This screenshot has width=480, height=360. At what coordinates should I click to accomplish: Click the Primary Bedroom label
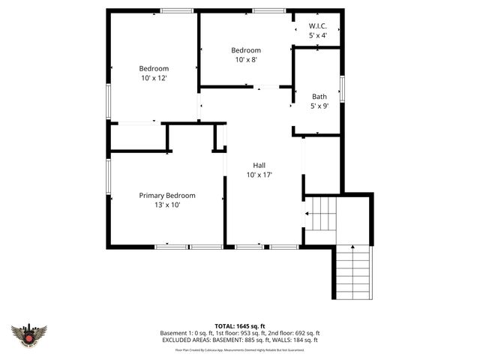(x=166, y=195)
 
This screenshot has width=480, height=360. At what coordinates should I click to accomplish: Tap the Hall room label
(x=259, y=165)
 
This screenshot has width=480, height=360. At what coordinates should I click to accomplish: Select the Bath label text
(x=319, y=97)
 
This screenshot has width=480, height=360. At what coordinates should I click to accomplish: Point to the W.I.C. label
(x=318, y=26)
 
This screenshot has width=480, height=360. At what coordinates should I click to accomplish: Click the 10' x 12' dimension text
(x=153, y=78)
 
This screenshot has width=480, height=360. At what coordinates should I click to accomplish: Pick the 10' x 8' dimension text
(x=245, y=60)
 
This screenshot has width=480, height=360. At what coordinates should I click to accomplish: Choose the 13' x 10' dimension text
(x=166, y=204)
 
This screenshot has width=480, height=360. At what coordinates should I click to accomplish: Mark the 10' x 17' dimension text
(x=259, y=175)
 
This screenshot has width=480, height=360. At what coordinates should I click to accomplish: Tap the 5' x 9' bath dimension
(x=319, y=106)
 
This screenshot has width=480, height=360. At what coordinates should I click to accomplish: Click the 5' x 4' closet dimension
(x=318, y=35)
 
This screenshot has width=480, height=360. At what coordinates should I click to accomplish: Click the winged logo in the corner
(x=29, y=334)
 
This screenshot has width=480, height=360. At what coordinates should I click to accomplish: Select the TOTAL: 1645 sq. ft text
(x=239, y=325)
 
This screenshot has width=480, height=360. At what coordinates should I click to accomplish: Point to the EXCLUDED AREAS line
(x=239, y=340)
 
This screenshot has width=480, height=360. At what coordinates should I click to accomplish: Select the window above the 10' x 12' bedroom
(x=177, y=10)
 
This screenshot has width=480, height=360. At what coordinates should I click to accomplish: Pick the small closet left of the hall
(x=220, y=137)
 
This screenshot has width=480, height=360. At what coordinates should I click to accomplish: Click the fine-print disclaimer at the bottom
(x=239, y=349)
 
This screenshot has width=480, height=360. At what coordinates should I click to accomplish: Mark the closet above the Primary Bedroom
(x=138, y=137)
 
